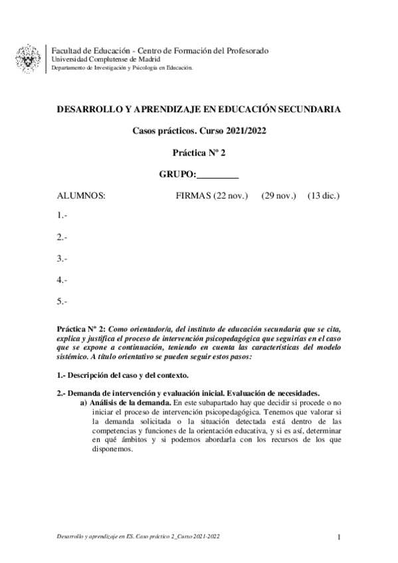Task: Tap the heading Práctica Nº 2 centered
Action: click(x=199, y=152)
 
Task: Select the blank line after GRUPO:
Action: click(x=218, y=174)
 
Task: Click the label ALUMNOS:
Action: click(x=81, y=196)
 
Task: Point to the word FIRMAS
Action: click(x=193, y=196)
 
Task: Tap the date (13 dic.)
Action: click(x=324, y=196)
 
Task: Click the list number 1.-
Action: click(x=62, y=215)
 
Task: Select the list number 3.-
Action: click(x=62, y=258)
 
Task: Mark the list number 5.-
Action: click(x=62, y=302)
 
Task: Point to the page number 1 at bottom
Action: click(x=339, y=536)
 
